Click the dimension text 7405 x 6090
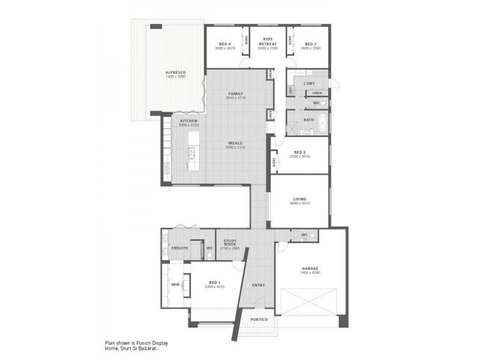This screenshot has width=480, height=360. pyautogui.click(x=310, y=272)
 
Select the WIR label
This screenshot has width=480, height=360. pyautogui.click(x=175, y=285)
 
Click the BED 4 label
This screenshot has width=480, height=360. pyautogui.click(x=225, y=44)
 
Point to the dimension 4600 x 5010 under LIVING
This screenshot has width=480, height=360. pyautogui.click(x=299, y=203)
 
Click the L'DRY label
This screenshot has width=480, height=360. pyautogui.click(x=309, y=83)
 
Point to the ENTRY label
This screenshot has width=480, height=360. pyautogui.click(x=258, y=285)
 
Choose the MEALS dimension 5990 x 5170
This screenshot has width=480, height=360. pyautogui.click(x=235, y=147)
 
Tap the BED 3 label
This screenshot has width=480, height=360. pyautogui.click(x=310, y=44)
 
